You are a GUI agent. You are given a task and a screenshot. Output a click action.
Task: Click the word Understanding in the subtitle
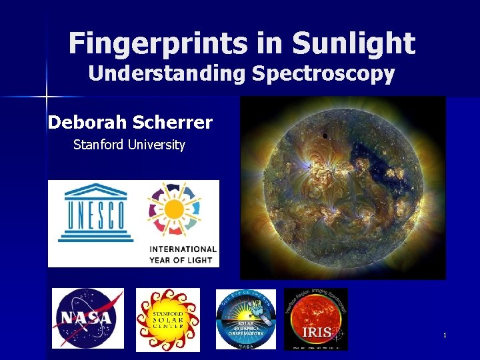(x=167, y=73)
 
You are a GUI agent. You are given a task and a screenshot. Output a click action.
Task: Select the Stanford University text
(x=129, y=145)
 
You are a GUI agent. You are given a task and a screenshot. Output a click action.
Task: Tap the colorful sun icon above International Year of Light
(x=175, y=209)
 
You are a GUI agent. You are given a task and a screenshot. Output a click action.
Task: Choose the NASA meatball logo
(x=88, y=319)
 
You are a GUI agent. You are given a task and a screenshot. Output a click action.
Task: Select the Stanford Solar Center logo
(x=168, y=319)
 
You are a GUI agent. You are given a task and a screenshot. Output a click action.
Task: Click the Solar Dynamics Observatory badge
(x=245, y=319)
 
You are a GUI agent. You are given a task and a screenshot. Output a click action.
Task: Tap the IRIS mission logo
(x=315, y=319)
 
